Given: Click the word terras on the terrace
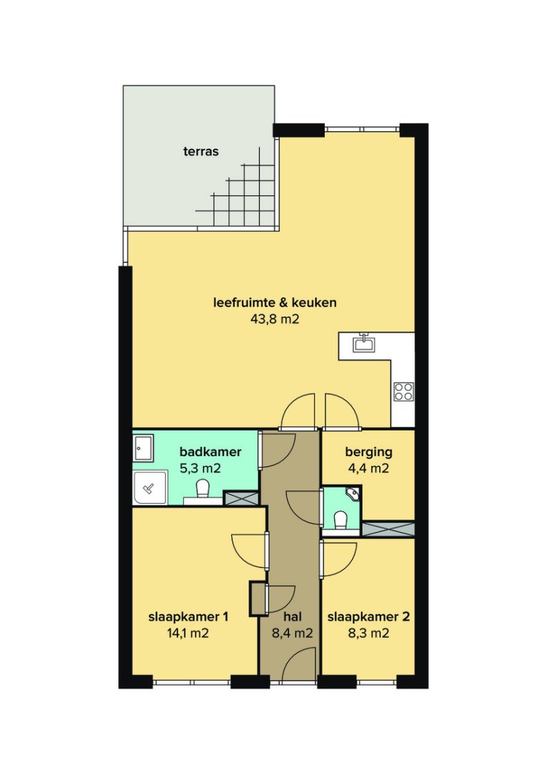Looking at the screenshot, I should tap(200, 151).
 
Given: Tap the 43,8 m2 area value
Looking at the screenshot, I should tap(275, 319).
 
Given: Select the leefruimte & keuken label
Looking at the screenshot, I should tap(275, 302).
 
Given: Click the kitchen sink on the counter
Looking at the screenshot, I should tap(365, 344).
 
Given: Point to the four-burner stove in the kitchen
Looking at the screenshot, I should tap(404, 391).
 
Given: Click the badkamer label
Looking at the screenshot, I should tap(210, 452).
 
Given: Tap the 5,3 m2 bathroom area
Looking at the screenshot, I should tap(200, 468).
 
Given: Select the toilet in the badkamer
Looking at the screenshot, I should tap(203, 490).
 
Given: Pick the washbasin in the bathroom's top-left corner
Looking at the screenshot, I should tap(143, 448).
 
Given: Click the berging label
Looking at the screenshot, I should tap(369, 452).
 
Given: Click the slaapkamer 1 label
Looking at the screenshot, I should tap(189, 616).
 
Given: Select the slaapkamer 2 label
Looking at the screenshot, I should tap(368, 616).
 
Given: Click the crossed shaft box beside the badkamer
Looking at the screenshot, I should tap(241, 498).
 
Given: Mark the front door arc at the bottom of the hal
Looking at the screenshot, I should tap(293, 670).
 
